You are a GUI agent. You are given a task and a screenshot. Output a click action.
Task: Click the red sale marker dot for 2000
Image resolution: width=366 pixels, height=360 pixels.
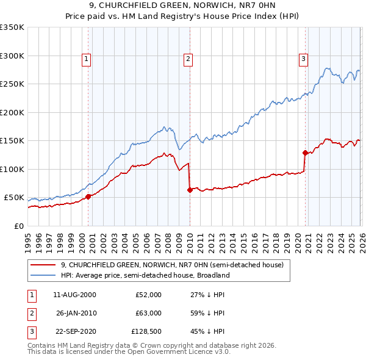pos(88,196)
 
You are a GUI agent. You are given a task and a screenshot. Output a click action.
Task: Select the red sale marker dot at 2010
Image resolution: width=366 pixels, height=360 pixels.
pos(190,190)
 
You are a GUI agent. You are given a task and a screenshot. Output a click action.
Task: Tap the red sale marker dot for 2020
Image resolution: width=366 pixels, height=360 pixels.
pos(304,153)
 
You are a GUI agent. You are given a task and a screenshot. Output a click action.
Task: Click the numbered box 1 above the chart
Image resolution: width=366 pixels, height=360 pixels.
pos(87,59)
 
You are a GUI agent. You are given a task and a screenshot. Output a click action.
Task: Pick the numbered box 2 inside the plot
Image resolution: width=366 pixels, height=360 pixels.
pos(188,59)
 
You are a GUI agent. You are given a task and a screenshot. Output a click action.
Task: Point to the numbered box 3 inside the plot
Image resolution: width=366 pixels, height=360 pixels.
pos(303,59)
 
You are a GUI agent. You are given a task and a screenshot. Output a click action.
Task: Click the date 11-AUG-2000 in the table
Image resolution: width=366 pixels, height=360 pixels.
pos(74,295)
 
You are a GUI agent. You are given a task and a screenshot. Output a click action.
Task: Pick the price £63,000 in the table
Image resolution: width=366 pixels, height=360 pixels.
pos(148,313)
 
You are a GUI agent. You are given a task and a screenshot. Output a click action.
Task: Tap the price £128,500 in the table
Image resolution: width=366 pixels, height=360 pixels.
pos(146,331)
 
